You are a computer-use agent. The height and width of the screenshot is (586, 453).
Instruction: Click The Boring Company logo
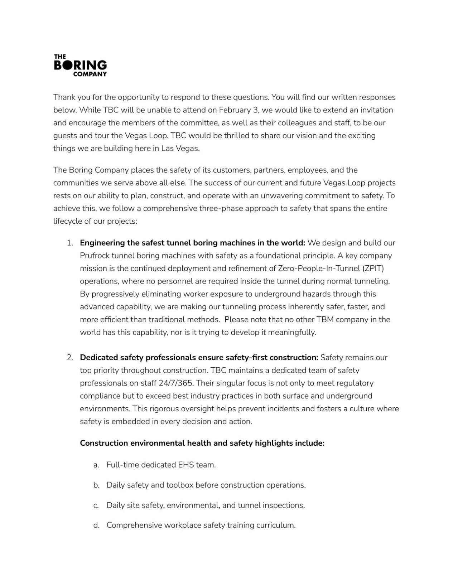(80, 66)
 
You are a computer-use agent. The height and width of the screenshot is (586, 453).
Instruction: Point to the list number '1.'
(70, 243)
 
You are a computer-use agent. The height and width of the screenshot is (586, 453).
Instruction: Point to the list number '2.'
(70, 358)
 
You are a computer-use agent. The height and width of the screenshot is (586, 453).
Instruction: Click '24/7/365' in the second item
(176, 383)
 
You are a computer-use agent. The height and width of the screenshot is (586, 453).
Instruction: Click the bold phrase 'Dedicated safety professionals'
(138, 358)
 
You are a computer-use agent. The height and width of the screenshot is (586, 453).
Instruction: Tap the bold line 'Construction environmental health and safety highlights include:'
(202, 443)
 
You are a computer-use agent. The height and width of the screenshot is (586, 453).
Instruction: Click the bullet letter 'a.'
(96, 465)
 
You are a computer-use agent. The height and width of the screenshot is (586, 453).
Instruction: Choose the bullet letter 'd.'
(96, 526)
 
